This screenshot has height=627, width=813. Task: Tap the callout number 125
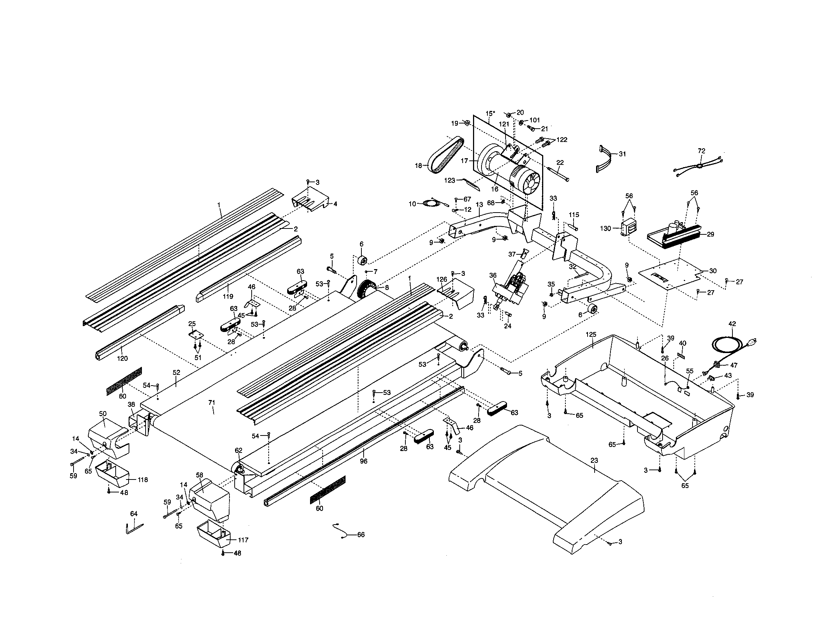(x=591, y=334)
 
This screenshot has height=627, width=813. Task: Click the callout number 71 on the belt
(x=212, y=403)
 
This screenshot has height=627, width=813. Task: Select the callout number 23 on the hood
(x=594, y=460)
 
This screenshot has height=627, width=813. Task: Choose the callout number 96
(x=364, y=461)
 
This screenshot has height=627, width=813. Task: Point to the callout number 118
(x=143, y=479)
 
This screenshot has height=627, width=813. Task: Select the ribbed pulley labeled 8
(x=367, y=289)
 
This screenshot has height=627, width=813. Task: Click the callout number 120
(x=122, y=358)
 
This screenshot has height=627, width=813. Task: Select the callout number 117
(x=243, y=540)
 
